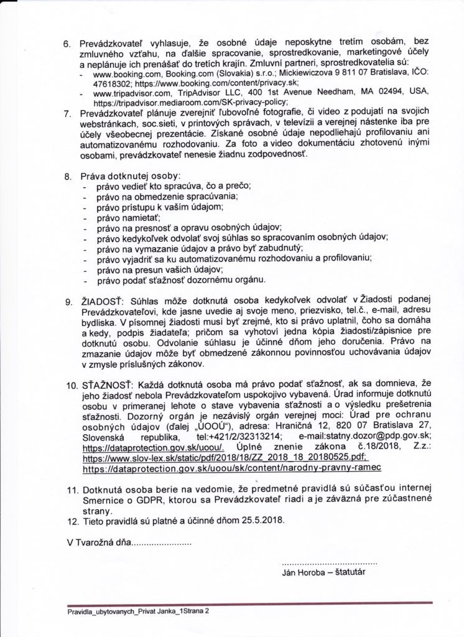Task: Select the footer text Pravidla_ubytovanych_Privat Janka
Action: pos(121,611)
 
